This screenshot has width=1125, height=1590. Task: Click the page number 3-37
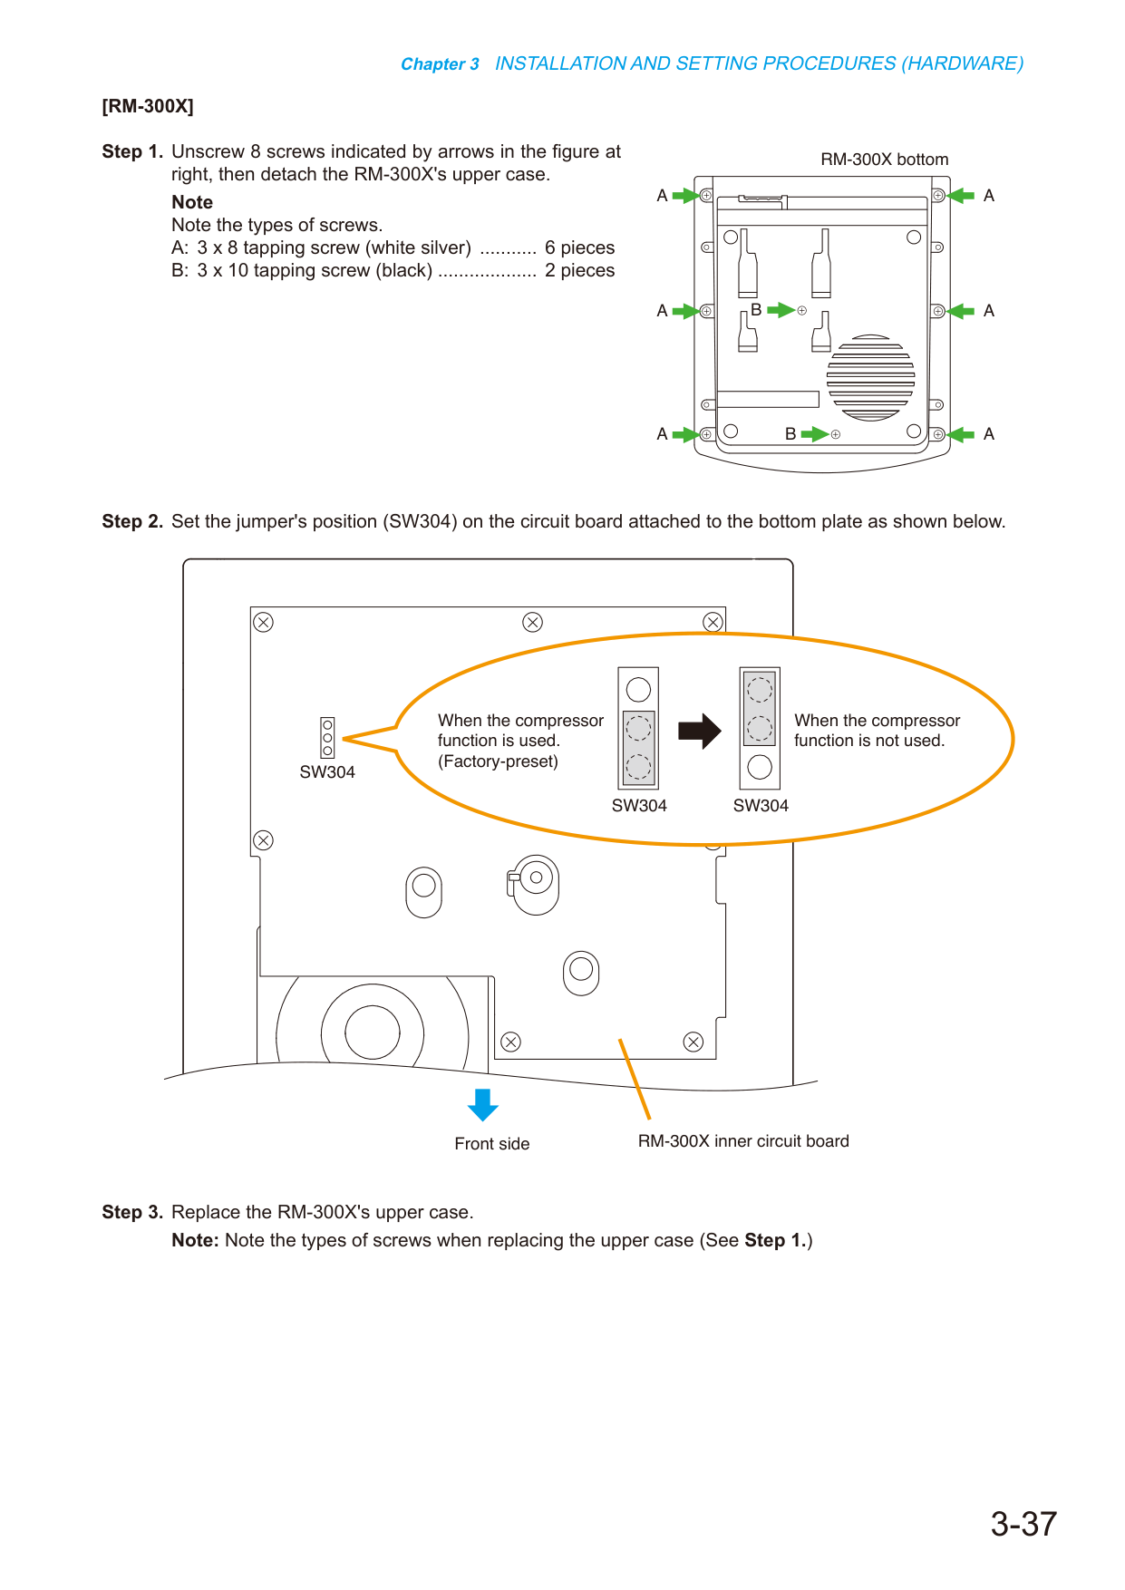coord(1023,1524)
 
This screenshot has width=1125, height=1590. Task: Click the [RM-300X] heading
coord(148,106)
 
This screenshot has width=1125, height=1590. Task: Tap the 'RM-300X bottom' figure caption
coord(884,160)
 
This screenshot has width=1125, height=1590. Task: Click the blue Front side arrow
coord(483,1105)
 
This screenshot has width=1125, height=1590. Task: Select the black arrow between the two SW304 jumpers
coord(700,731)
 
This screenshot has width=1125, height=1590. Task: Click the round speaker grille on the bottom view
coord(870,378)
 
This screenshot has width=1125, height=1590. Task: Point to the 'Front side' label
coord(492,1144)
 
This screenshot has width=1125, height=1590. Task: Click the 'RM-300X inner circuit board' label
coord(743,1141)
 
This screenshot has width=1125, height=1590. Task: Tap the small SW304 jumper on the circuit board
coord(327,738)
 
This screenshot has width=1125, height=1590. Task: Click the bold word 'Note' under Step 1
coord(192,202)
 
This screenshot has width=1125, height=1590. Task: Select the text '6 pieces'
coord(579,247)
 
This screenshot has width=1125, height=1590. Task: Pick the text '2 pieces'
coord(579,270)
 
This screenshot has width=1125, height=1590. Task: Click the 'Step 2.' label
coord(132,521)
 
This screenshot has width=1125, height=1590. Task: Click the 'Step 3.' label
coord(132,1212)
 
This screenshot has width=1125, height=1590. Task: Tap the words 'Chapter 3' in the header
coord(440,64)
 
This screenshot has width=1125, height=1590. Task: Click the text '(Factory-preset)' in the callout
coord(498,761)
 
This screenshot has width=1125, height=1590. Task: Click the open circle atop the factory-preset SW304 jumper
coord(638,690)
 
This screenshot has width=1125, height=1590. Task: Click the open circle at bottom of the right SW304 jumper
coord(760,767)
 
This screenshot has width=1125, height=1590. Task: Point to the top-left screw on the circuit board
coord(263,622)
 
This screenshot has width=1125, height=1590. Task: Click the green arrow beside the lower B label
coord(815,434)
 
